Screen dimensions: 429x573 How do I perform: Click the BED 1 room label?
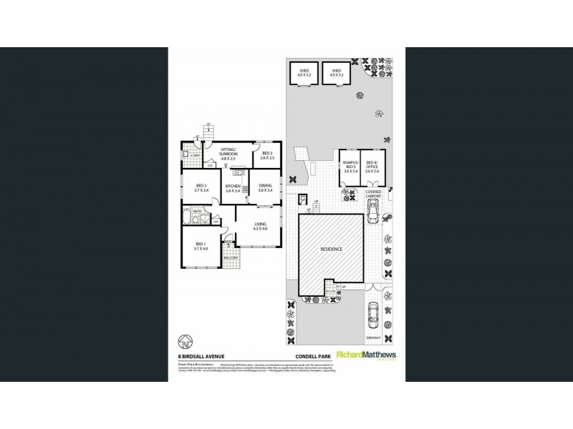click(200, 247)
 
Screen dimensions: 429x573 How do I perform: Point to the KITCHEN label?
click(233, 187)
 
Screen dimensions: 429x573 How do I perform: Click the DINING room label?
click(266, 187)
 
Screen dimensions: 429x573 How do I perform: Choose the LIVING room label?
click(261, 226)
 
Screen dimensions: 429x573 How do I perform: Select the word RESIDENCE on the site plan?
click(331, 249)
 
